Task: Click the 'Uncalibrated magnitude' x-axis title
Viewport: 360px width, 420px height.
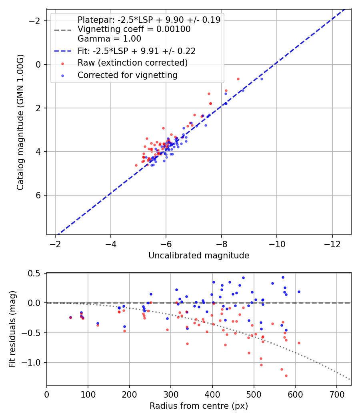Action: click(x=199, y=256)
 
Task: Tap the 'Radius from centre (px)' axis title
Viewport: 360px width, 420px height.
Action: click(x=199, y=406)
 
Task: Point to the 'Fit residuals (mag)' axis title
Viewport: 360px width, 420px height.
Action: click(x=12, y=329)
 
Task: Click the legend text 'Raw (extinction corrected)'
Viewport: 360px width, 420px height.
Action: click(x=132, y=63)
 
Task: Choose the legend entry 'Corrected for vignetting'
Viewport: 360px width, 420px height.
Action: click(x=127, y=75)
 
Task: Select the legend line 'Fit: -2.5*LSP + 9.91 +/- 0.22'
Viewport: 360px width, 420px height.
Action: click(x=136, y=51)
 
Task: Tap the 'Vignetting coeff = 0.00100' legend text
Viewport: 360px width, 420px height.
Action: click(x=134, y=29)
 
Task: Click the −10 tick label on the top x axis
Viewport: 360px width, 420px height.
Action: click(x=277, y=243)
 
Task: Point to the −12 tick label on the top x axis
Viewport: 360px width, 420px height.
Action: click(x=332, y=243)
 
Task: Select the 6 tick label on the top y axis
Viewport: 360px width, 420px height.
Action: click(x=39, y=195)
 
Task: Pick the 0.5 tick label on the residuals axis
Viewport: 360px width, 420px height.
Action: click(x=36, y=273)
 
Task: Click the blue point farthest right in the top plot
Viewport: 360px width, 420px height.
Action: click(x=262, y=79)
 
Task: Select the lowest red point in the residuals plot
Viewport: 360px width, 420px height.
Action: click(x=286, y=376)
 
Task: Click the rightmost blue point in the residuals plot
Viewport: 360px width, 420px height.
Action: click(x=299, y=292)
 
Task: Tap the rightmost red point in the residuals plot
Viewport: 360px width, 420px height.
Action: click(x=299, y=343)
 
